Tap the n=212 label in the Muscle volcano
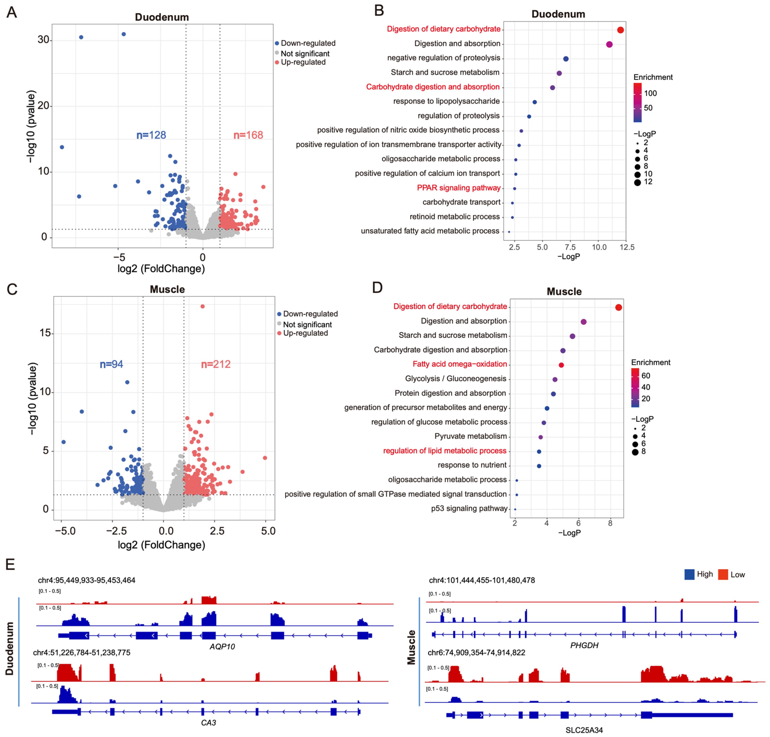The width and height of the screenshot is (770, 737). (216, 364)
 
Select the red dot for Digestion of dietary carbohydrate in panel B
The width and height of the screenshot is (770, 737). (620, 30)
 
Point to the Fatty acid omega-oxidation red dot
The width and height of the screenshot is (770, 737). (561, 365)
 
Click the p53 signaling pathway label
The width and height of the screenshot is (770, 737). (469, 508)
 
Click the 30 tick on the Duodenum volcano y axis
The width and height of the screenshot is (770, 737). (43, 40)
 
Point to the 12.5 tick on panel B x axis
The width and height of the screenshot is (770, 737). (627, 247)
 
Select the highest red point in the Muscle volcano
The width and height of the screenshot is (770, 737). (202, 306)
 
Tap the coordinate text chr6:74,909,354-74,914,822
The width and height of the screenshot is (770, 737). (476, 653)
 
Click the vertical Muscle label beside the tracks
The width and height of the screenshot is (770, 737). (411, 647)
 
